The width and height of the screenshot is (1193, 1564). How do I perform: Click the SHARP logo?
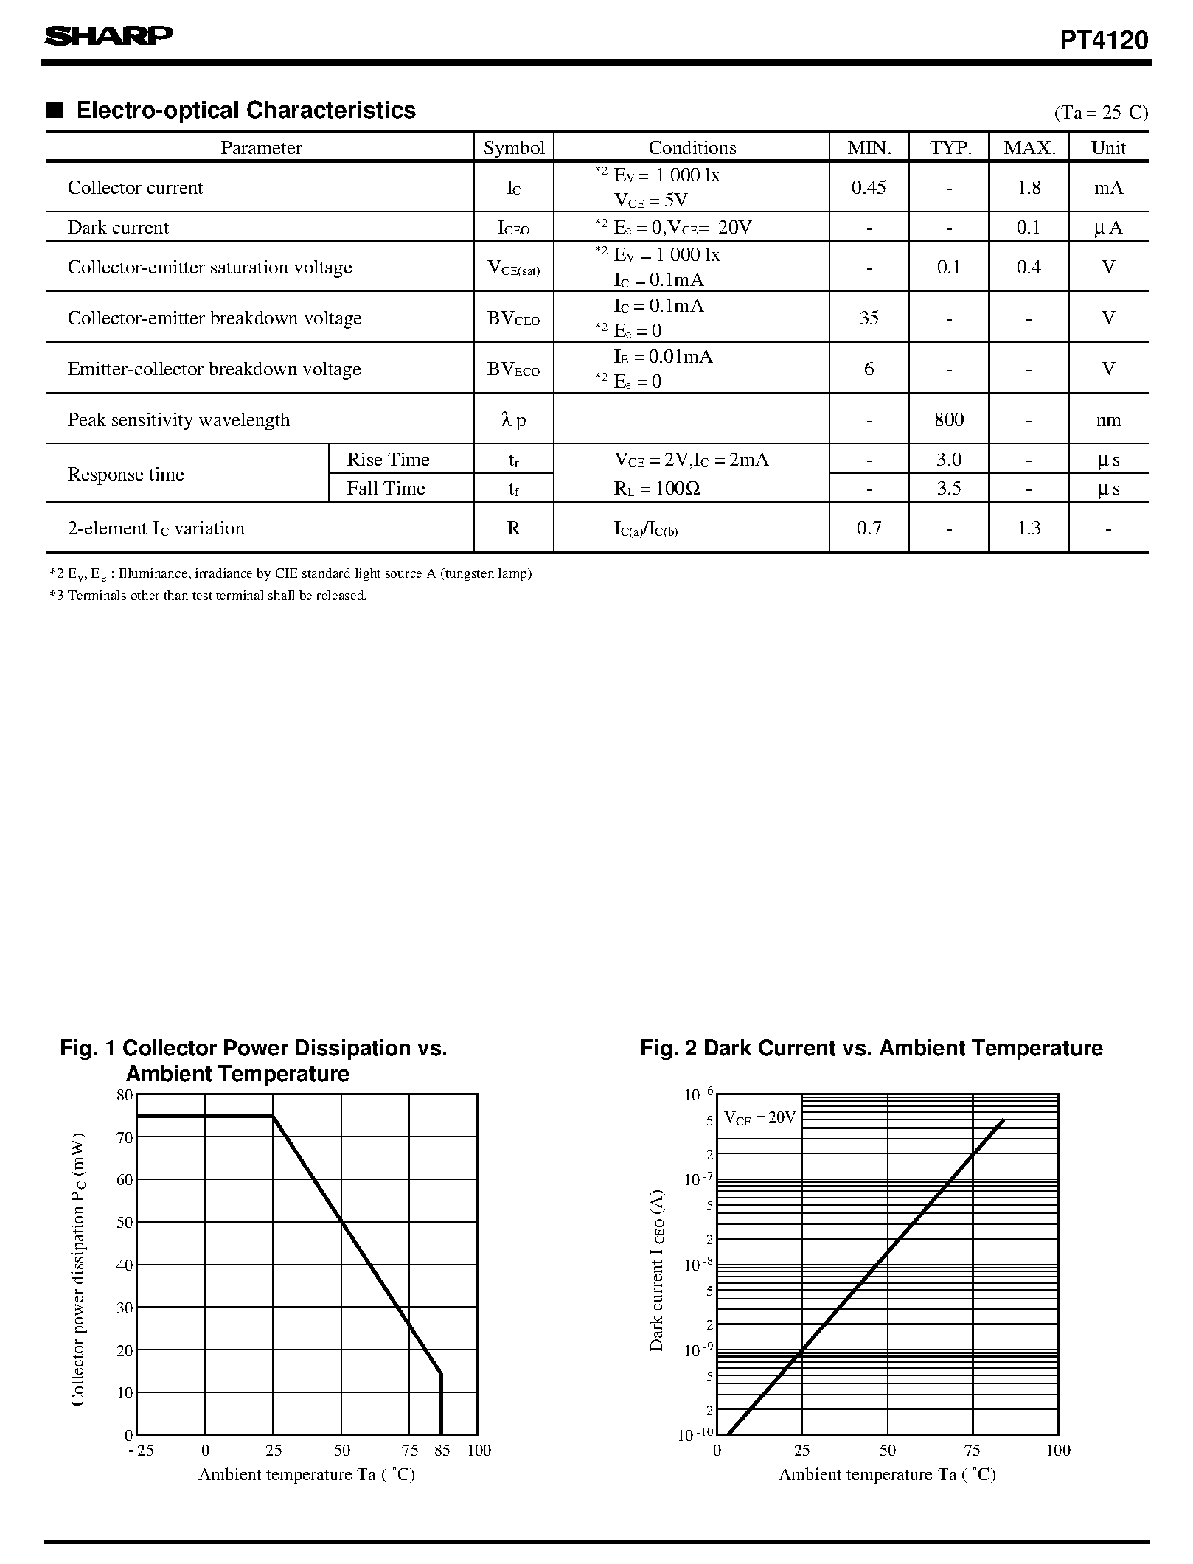(x=108, y=37)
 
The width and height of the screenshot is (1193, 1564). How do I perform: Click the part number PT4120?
(x=1103, y=41)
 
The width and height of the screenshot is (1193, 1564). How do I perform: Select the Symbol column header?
(x=513, y=148)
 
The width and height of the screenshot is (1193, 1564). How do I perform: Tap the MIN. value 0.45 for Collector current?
(x=869, y=188)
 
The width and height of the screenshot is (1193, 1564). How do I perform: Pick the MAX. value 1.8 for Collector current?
(x=1028, y=188)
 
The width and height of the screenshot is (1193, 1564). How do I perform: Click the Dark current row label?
(x=118, y=228)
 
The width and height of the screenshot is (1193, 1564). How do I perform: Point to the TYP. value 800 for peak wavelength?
(x=948, y=420)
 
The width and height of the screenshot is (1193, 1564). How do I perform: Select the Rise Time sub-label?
(x=388, y=460)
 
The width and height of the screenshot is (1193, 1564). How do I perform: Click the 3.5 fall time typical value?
(x=948, y=489)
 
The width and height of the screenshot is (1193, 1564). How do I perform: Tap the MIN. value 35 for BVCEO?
(x=869, y=318)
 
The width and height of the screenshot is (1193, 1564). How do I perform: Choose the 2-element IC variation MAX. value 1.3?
(x=1028, y=528)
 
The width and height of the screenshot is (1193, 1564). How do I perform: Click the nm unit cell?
(x=1107, y=420)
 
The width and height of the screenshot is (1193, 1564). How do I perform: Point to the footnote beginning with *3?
(x=208, y=596)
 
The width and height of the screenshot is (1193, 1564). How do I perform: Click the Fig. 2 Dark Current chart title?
(x=871, y=1048)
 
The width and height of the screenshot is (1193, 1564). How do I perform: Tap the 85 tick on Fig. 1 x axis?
(x=442, y=1450)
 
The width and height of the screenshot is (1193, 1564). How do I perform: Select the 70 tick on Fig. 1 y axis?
(x=125, y=1138)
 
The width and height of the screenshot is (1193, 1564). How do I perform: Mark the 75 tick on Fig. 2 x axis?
(x=972, y=1450)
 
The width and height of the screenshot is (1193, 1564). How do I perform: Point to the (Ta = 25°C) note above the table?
(x=1101, y=113)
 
